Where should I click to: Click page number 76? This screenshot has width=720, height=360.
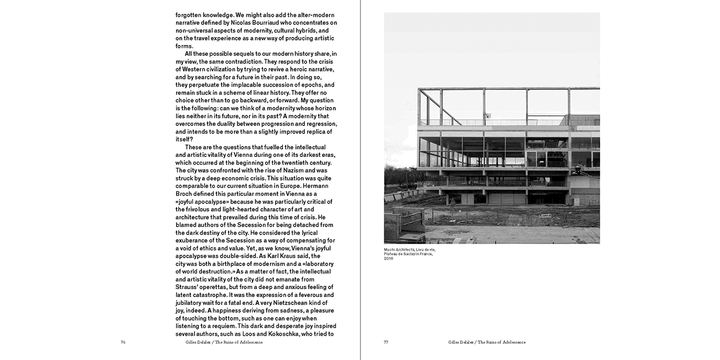[123, 342]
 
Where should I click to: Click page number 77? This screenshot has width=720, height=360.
[386, 342]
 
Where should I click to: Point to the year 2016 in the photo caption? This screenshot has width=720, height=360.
[389, 258]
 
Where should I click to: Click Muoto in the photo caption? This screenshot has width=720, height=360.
[390, 249]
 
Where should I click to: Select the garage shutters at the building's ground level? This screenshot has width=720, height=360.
[501, 199]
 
